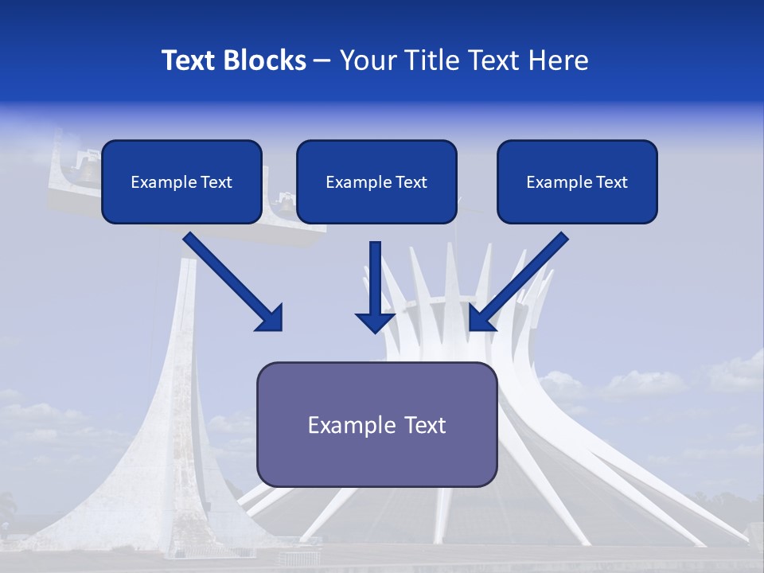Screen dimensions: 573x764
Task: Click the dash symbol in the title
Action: (x=322, y=61)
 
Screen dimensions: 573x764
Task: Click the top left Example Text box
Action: (x=181, y=181)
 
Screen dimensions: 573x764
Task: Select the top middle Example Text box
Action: (x=376, y=181)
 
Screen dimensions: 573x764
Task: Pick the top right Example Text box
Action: (x=577, y=181)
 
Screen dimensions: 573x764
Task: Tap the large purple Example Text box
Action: (x=376, y=424)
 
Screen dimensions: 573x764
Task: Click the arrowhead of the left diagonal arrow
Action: (x=271, y=318)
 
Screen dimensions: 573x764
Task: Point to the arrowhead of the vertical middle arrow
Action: (x=375, y=322)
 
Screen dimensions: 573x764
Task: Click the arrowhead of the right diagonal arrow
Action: (x=481, y=318)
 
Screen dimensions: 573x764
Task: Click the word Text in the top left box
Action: (x=216, y=182)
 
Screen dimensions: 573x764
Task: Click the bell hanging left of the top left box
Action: (x=86, y=169)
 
